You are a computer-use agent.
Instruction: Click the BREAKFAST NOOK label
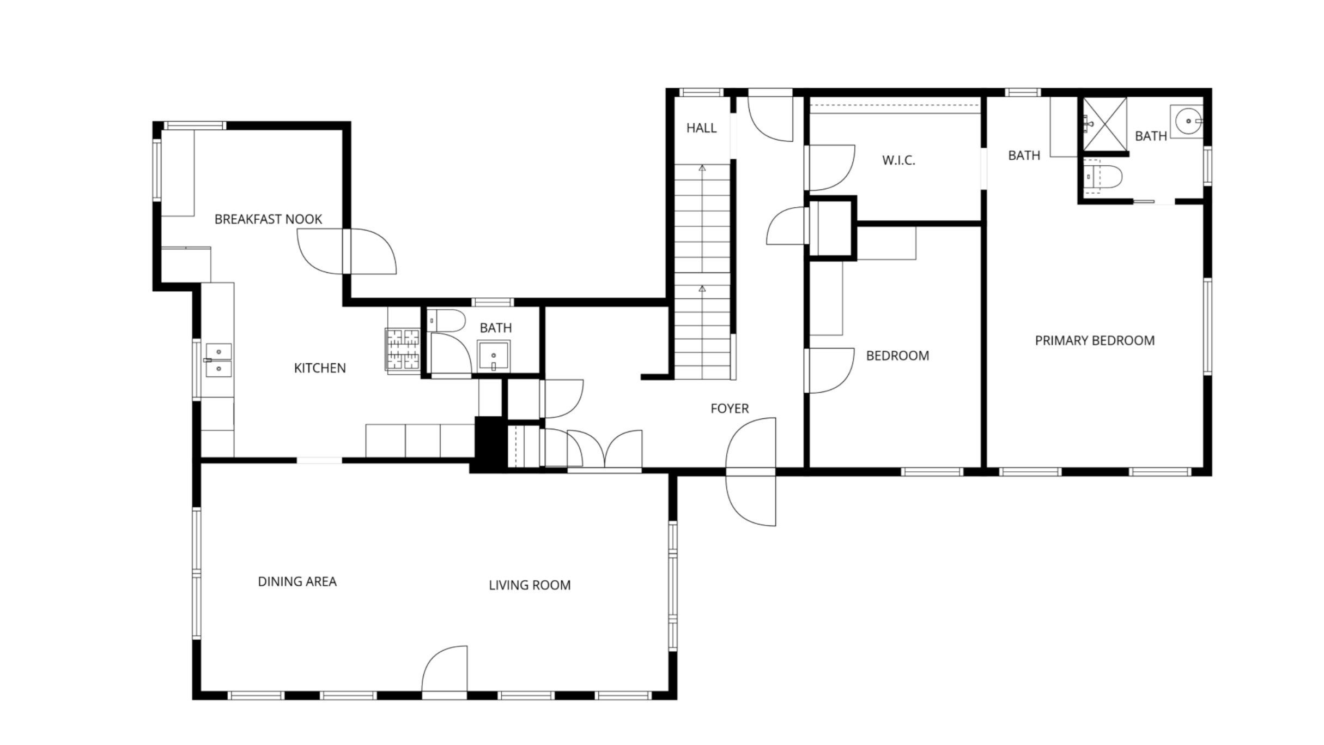click(268, 219)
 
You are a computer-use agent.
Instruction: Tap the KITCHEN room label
click(320, 368)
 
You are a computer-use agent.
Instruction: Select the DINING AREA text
click(297, 581)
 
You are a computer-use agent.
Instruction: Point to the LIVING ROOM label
click(530, 585)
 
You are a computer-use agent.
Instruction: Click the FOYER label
click(730, 408)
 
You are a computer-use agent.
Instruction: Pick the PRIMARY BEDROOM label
click(1095, 341)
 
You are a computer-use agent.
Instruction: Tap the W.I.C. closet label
click(898, 160)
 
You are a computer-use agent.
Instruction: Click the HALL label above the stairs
click(701, 128)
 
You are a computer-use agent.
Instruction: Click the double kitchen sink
click(218, 361)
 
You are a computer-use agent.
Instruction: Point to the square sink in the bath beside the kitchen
click(494, 356)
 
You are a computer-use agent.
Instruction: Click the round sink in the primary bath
click(1186, 121)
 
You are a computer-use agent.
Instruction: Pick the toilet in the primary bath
click(1103, 176)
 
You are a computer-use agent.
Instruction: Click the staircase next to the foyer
click(702, 272)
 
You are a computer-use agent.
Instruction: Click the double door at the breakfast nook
click(347, 251)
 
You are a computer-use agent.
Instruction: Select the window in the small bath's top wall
click(493, 302)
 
